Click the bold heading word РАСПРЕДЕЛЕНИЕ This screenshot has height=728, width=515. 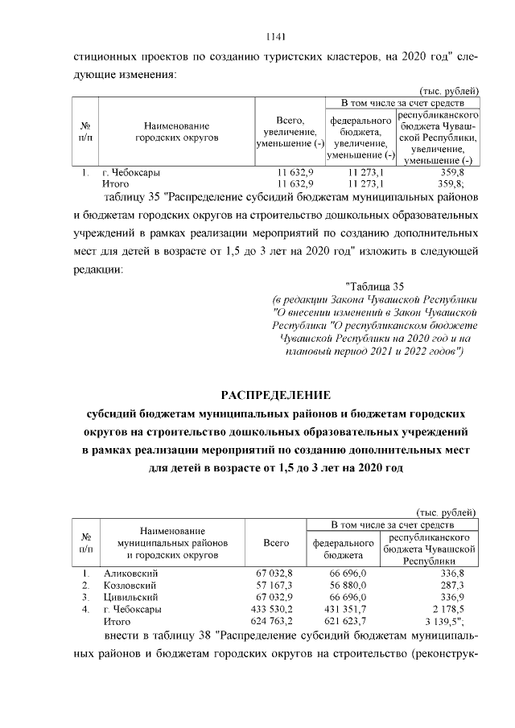[x=276, y=394]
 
